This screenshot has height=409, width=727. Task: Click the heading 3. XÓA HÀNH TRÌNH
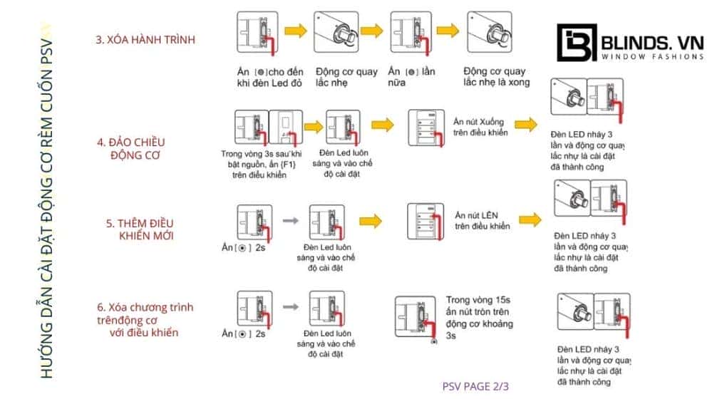145,40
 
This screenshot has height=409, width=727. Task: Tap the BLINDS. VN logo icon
574,44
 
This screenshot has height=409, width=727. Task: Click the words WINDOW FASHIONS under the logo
653,56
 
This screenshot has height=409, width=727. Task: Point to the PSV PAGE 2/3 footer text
475,386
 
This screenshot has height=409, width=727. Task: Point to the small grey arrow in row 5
290,221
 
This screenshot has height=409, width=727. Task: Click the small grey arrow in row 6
290,306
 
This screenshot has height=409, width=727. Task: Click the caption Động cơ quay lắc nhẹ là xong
495,77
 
